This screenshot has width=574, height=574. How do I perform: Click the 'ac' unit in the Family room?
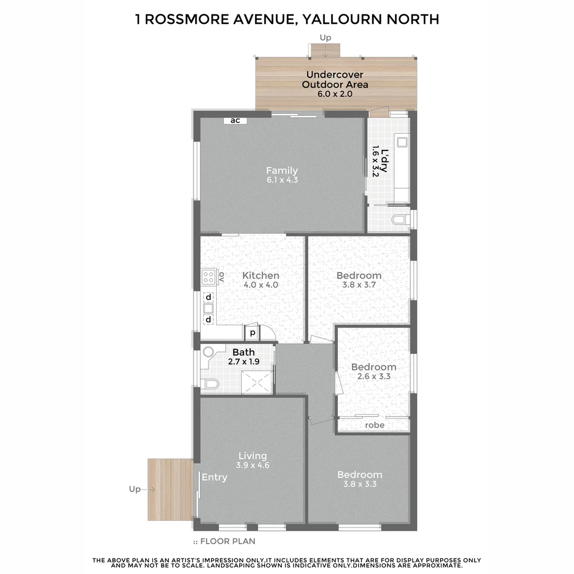pos(235,121)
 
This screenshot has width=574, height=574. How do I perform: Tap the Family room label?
pos(282,171)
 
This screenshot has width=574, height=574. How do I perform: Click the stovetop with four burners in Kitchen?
pos(208,277)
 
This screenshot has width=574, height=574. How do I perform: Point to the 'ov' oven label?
pos(222,277)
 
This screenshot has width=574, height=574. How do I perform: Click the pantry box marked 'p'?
pos(252,333)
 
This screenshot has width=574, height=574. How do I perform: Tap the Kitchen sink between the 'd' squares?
pos(208,308)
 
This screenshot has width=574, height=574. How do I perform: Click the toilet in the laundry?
pos(400,220)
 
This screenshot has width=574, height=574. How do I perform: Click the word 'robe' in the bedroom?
pos(375,425)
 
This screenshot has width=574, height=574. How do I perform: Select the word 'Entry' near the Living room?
pos(214,477)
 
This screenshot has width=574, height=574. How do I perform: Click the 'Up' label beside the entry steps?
pos(134,489)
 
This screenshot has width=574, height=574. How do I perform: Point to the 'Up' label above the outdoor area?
pos(325,37)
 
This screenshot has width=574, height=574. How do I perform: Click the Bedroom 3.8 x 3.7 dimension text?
pos(359,285)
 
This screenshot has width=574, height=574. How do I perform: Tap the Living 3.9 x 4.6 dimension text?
pos(252,465)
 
